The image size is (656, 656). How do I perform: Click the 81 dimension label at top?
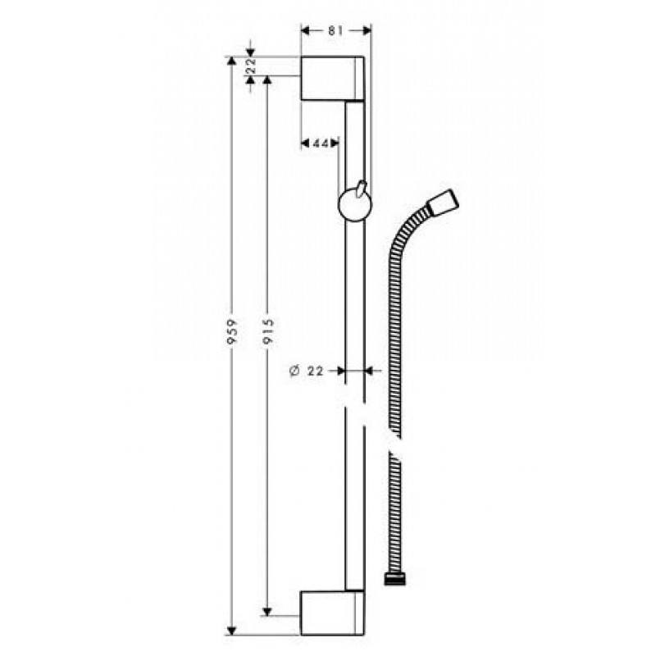tap(335, 30)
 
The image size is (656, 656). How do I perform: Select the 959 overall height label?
tap(232, 332)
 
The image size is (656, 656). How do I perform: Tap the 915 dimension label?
tap(268, 331)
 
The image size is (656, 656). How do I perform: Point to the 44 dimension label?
tap(321, 143)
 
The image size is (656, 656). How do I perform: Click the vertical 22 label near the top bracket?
tap(251, 66)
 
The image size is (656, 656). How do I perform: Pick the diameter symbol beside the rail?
tap(294, 371)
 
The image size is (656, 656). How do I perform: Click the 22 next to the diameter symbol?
tap(316, 371)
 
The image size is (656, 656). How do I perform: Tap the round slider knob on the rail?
tap(355, 206)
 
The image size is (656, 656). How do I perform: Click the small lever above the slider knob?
tap(361, 188)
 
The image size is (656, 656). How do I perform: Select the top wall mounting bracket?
tap(333, 78)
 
